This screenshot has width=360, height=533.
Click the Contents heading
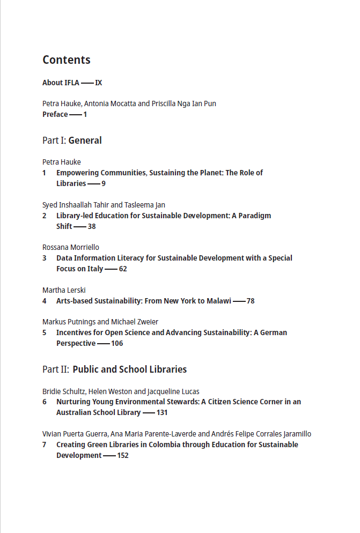tap(67, 60)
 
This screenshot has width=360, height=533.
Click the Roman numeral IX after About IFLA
tap(99, 83)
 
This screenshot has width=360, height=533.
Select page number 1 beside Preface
tap(85, 114)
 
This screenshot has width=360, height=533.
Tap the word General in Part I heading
tap(85, 140)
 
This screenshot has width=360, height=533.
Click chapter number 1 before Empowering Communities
tap(45, 173)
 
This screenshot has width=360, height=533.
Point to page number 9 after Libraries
tap(104, 183)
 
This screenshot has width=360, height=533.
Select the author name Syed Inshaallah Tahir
tap(76, 205)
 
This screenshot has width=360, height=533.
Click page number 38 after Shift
tap(92, 226)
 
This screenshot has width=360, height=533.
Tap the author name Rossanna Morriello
tap(71, 247)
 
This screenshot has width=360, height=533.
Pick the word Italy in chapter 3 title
tap(92, 269)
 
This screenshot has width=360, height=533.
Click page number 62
tap(123, 269)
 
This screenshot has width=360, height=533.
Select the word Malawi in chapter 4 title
tap(217, 301)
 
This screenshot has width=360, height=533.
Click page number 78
tap(251, 301)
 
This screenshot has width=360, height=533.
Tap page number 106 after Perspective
tap(117, 343)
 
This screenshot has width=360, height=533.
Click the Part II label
tap(56, 369)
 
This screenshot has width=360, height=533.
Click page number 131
tap(162, 413)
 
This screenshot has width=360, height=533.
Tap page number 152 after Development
tap(123, 455)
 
